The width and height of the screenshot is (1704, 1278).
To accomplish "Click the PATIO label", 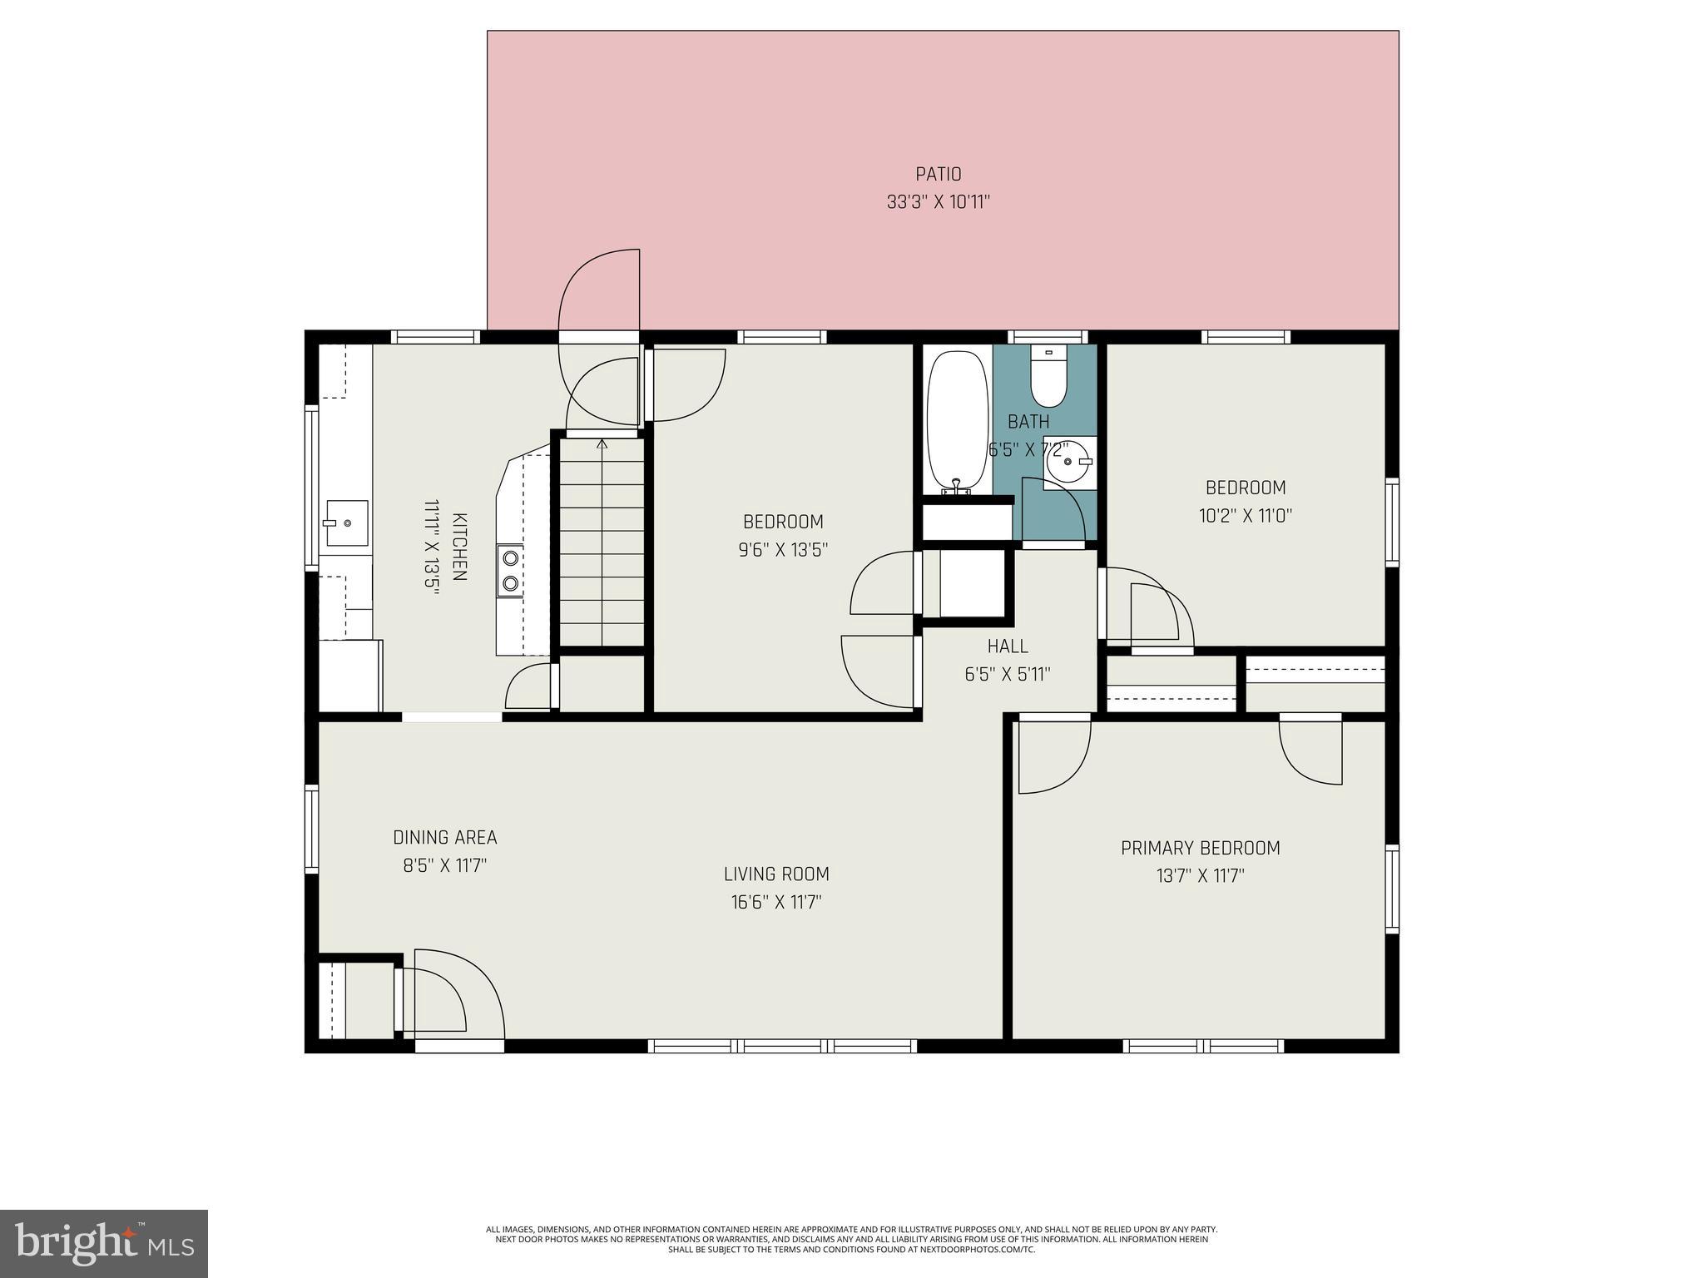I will (938, 174).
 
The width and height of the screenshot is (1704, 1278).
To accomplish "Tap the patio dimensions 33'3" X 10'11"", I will (938, 202).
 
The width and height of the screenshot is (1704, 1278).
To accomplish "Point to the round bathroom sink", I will (1068, 463).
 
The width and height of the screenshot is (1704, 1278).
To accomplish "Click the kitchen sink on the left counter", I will (346, 523).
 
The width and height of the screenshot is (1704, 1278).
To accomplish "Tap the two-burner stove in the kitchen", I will (510, 571).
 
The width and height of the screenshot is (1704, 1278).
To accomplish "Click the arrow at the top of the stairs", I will (602, 444).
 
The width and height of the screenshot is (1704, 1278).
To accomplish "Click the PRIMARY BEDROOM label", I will (1200, 848).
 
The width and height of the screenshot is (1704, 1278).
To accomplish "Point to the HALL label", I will (1007, 646).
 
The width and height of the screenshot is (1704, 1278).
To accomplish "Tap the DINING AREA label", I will (444, 837).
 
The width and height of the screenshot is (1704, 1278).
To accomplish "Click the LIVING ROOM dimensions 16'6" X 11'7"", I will (775, 902).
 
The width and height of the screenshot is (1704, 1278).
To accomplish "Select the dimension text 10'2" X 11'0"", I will (1245, 516).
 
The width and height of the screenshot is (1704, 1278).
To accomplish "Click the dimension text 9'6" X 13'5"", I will (783, 550).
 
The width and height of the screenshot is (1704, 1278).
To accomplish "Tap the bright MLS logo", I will (103, 1243).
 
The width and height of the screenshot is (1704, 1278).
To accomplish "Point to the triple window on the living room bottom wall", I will (782, 1046).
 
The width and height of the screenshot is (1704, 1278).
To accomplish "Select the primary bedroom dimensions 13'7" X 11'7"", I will (1200, 876).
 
